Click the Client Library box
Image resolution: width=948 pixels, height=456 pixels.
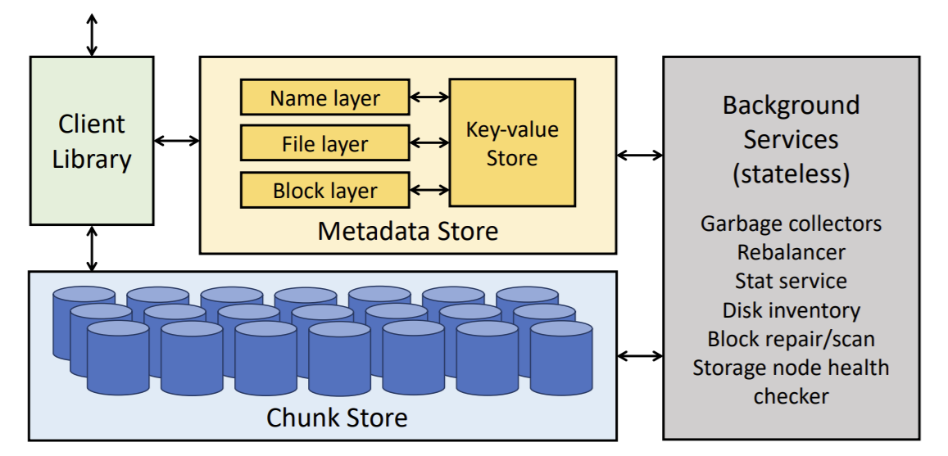point(92,140)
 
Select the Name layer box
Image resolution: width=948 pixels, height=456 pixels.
point(324,97)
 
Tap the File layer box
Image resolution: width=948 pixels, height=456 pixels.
point(324,143)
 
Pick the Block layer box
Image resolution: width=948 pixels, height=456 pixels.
point(324,190)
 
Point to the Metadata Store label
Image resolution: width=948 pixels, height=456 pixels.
point(407,231)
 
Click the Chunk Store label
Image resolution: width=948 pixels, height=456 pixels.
point(337,418)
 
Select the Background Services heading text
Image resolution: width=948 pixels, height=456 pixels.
point(791,122)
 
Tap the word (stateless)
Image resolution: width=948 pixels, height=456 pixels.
point(791,174)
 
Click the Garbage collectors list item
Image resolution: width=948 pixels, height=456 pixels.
point(791,223)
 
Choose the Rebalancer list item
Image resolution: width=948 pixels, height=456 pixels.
point(791,251)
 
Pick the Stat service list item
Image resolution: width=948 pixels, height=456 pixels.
point(791,280)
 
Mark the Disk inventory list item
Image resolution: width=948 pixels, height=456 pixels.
point(791,309)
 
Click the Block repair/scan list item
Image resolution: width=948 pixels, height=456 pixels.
point(791,338)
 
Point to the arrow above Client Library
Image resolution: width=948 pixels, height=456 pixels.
point(92,34)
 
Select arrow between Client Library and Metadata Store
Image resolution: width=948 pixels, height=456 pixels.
point(177,141)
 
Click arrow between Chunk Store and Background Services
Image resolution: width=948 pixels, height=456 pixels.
point(640,355)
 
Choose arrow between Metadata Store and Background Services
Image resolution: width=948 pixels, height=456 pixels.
point(640,154)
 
